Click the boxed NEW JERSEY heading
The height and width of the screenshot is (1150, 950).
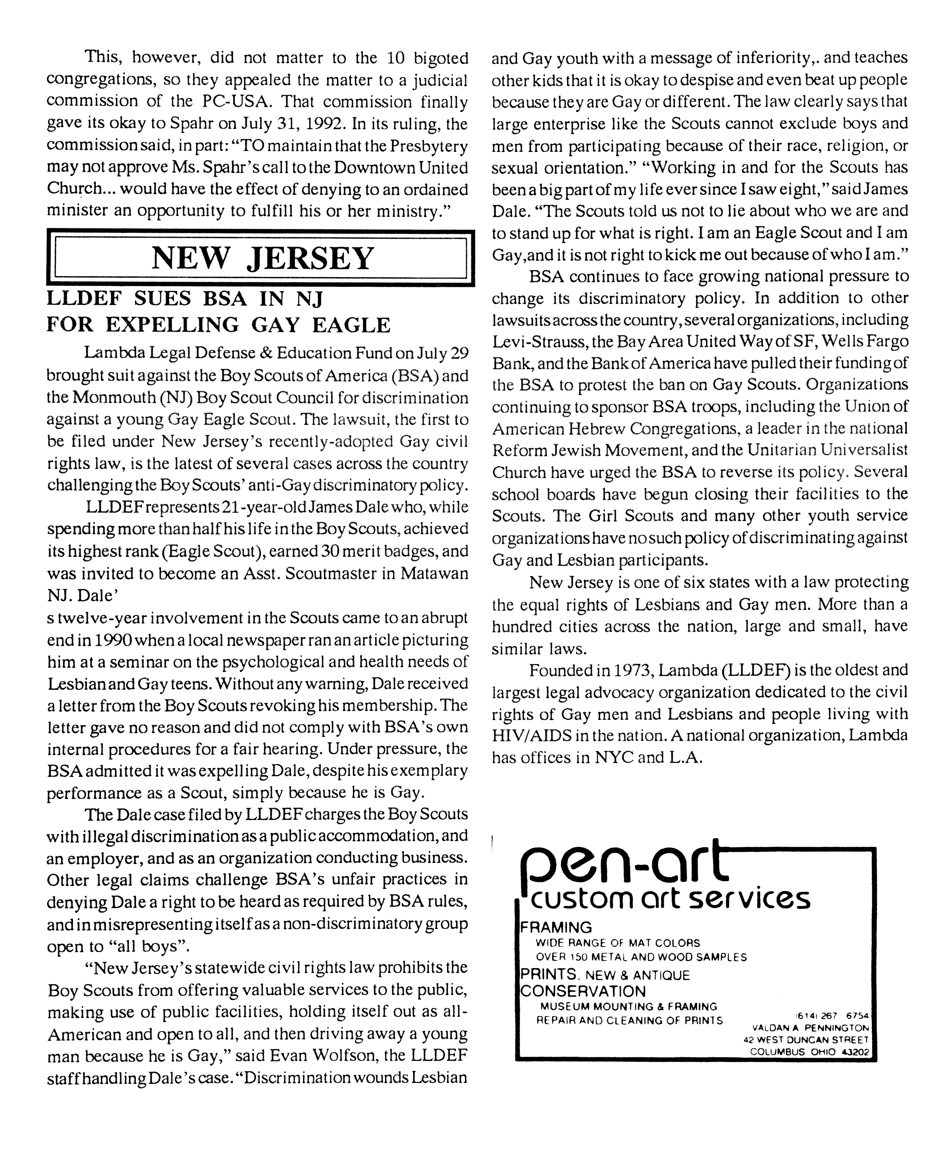pyautogui.click(x=262, y=259)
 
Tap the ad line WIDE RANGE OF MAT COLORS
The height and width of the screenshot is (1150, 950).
pyautogui.click(x=617, y=943)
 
